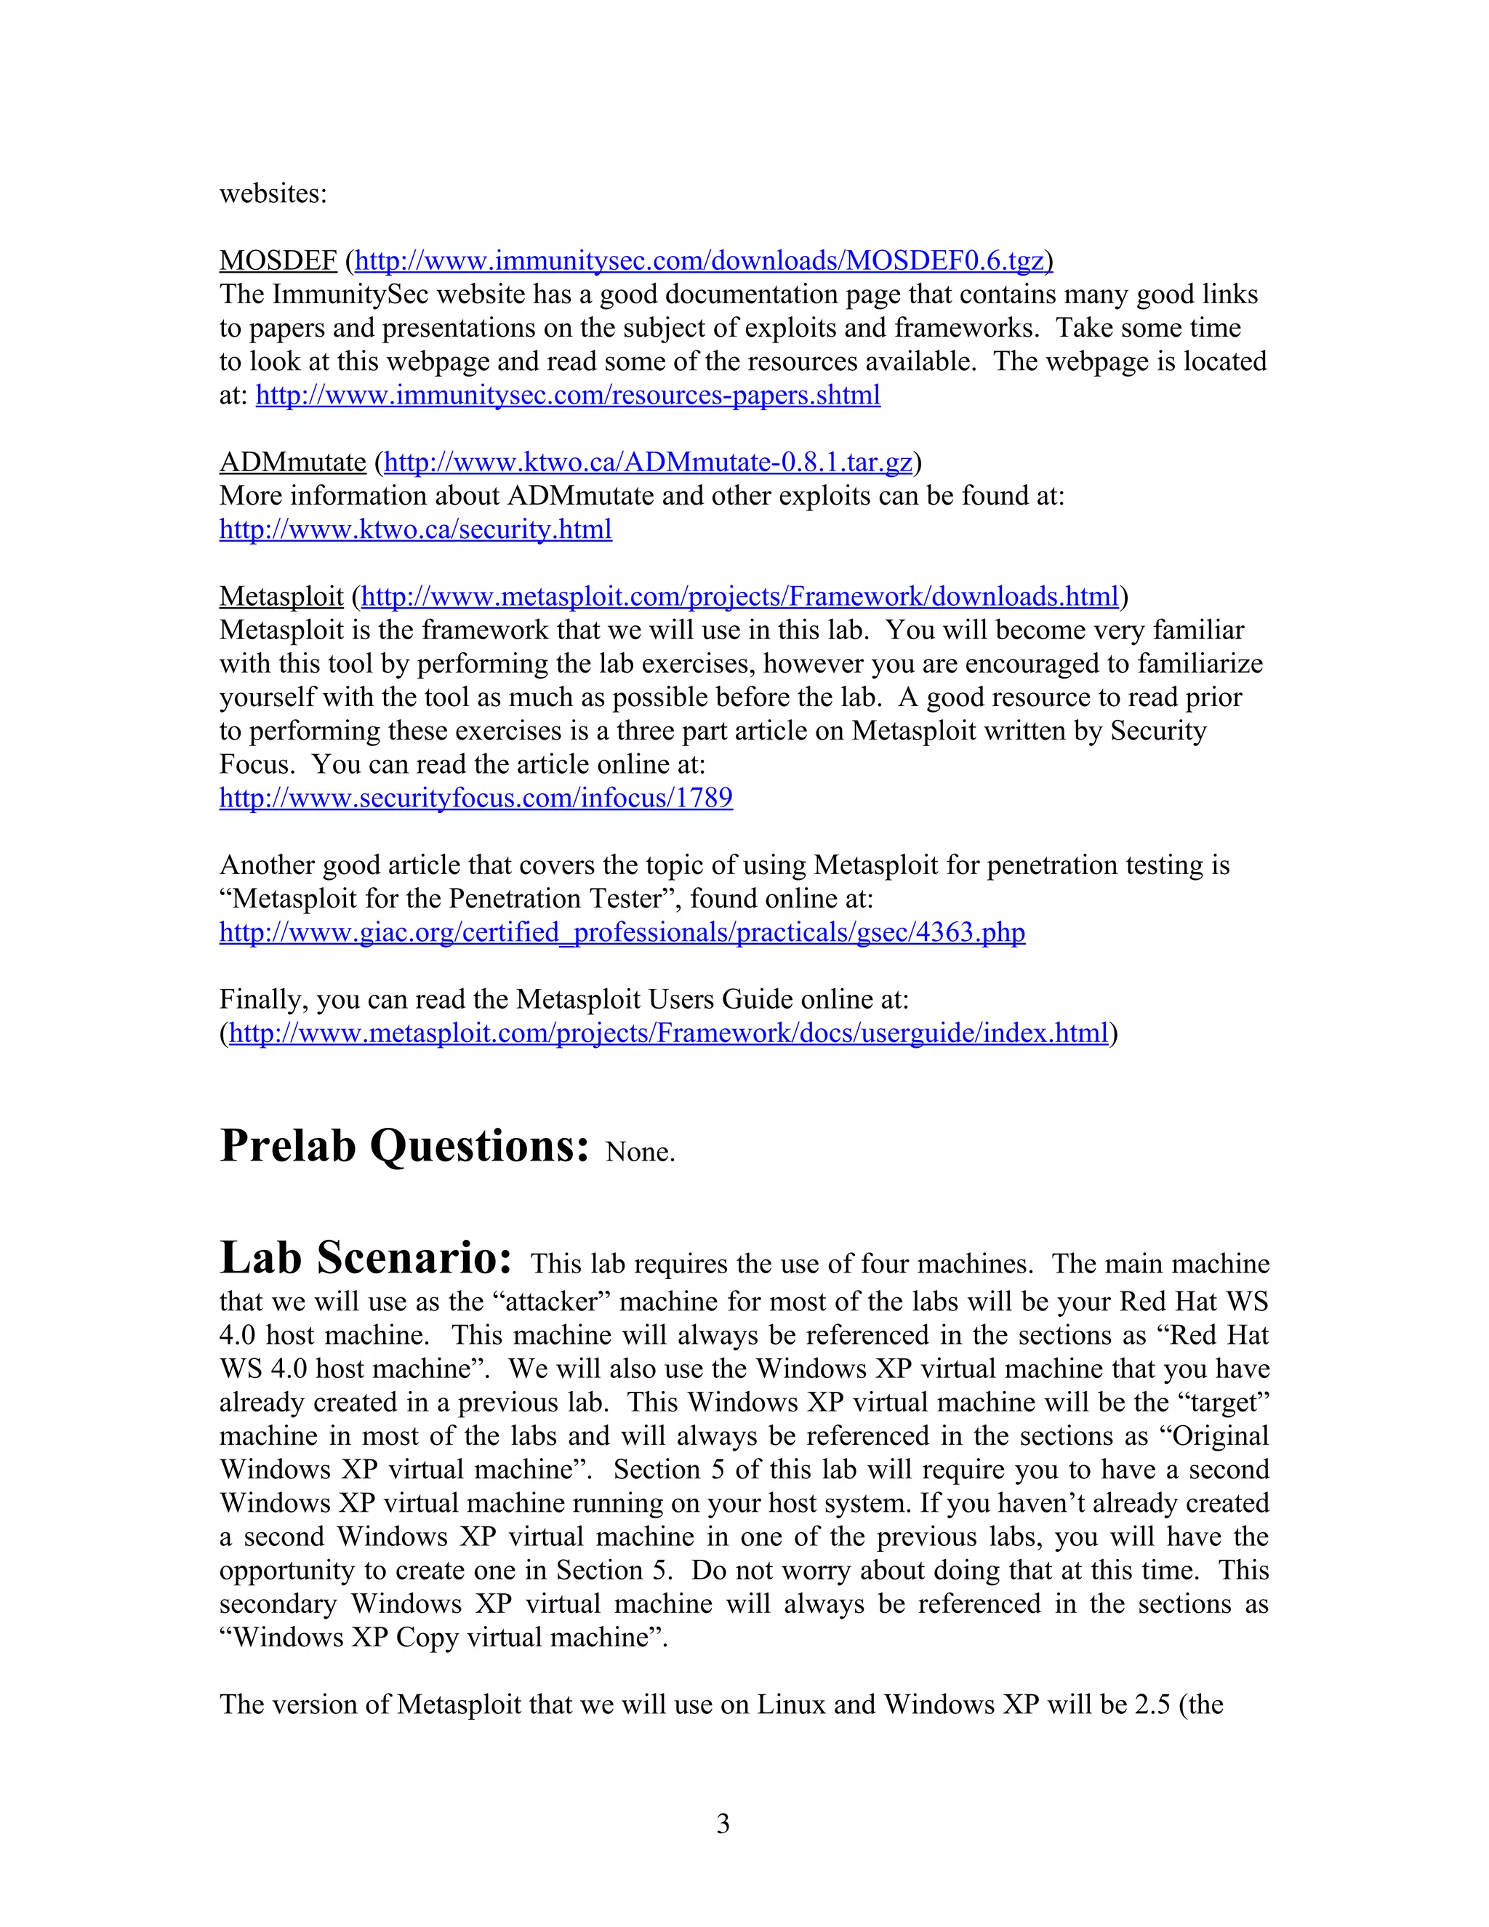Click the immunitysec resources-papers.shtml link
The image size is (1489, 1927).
pyautogui.click(x=567, y=396)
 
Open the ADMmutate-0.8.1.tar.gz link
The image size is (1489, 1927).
pyautogui.click(x=648, y=462)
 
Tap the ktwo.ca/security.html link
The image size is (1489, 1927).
pyautogui.click(x=415, y=529)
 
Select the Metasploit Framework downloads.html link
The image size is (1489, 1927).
pyautogui.click(x=739, y=597)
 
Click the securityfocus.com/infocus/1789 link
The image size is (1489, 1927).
pyautogui.click(x=475, y=798)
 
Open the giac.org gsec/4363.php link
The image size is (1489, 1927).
pyautogui.click(x=622, y=933)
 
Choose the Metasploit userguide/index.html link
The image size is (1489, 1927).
pyautogui.click(x=667, y=1033)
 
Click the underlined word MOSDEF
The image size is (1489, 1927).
pyautogui.click(x=278, y=261)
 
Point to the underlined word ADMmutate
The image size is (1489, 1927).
pyautogui.click(x=292, y=462)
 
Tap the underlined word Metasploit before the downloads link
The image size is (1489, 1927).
pyautogui.click(x=281, y=597)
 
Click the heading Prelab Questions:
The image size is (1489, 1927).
pyautogui.click(x=403, y=1147)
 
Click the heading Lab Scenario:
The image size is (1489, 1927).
pyautogui.click(x=365, y=1258)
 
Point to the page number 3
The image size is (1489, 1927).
pyautogui.click(x=723, y=1824)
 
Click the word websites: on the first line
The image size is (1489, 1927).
pyautogui.click(x=273, y=194)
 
